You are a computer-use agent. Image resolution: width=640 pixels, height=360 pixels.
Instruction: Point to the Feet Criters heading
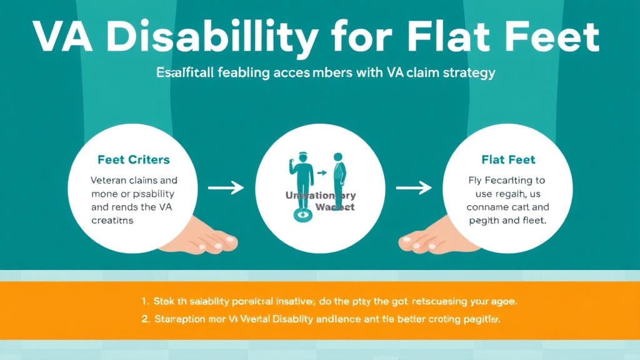[x=133, y=160]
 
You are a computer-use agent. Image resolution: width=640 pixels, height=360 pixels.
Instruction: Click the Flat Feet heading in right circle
[x=508, y=160]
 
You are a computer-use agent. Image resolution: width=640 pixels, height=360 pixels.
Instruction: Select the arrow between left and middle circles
[x=225, y=187]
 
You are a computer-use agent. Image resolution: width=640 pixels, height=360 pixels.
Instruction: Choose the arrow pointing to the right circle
[x=413, y=187]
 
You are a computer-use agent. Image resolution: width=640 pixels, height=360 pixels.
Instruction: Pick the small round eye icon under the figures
[x=304, y=214]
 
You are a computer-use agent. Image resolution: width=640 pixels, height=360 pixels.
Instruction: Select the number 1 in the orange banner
[x=145, y=301]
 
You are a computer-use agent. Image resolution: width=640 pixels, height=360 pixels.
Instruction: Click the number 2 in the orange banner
[x=145, y=319]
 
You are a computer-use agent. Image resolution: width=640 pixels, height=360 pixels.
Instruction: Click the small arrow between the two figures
[x=321, y=172]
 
